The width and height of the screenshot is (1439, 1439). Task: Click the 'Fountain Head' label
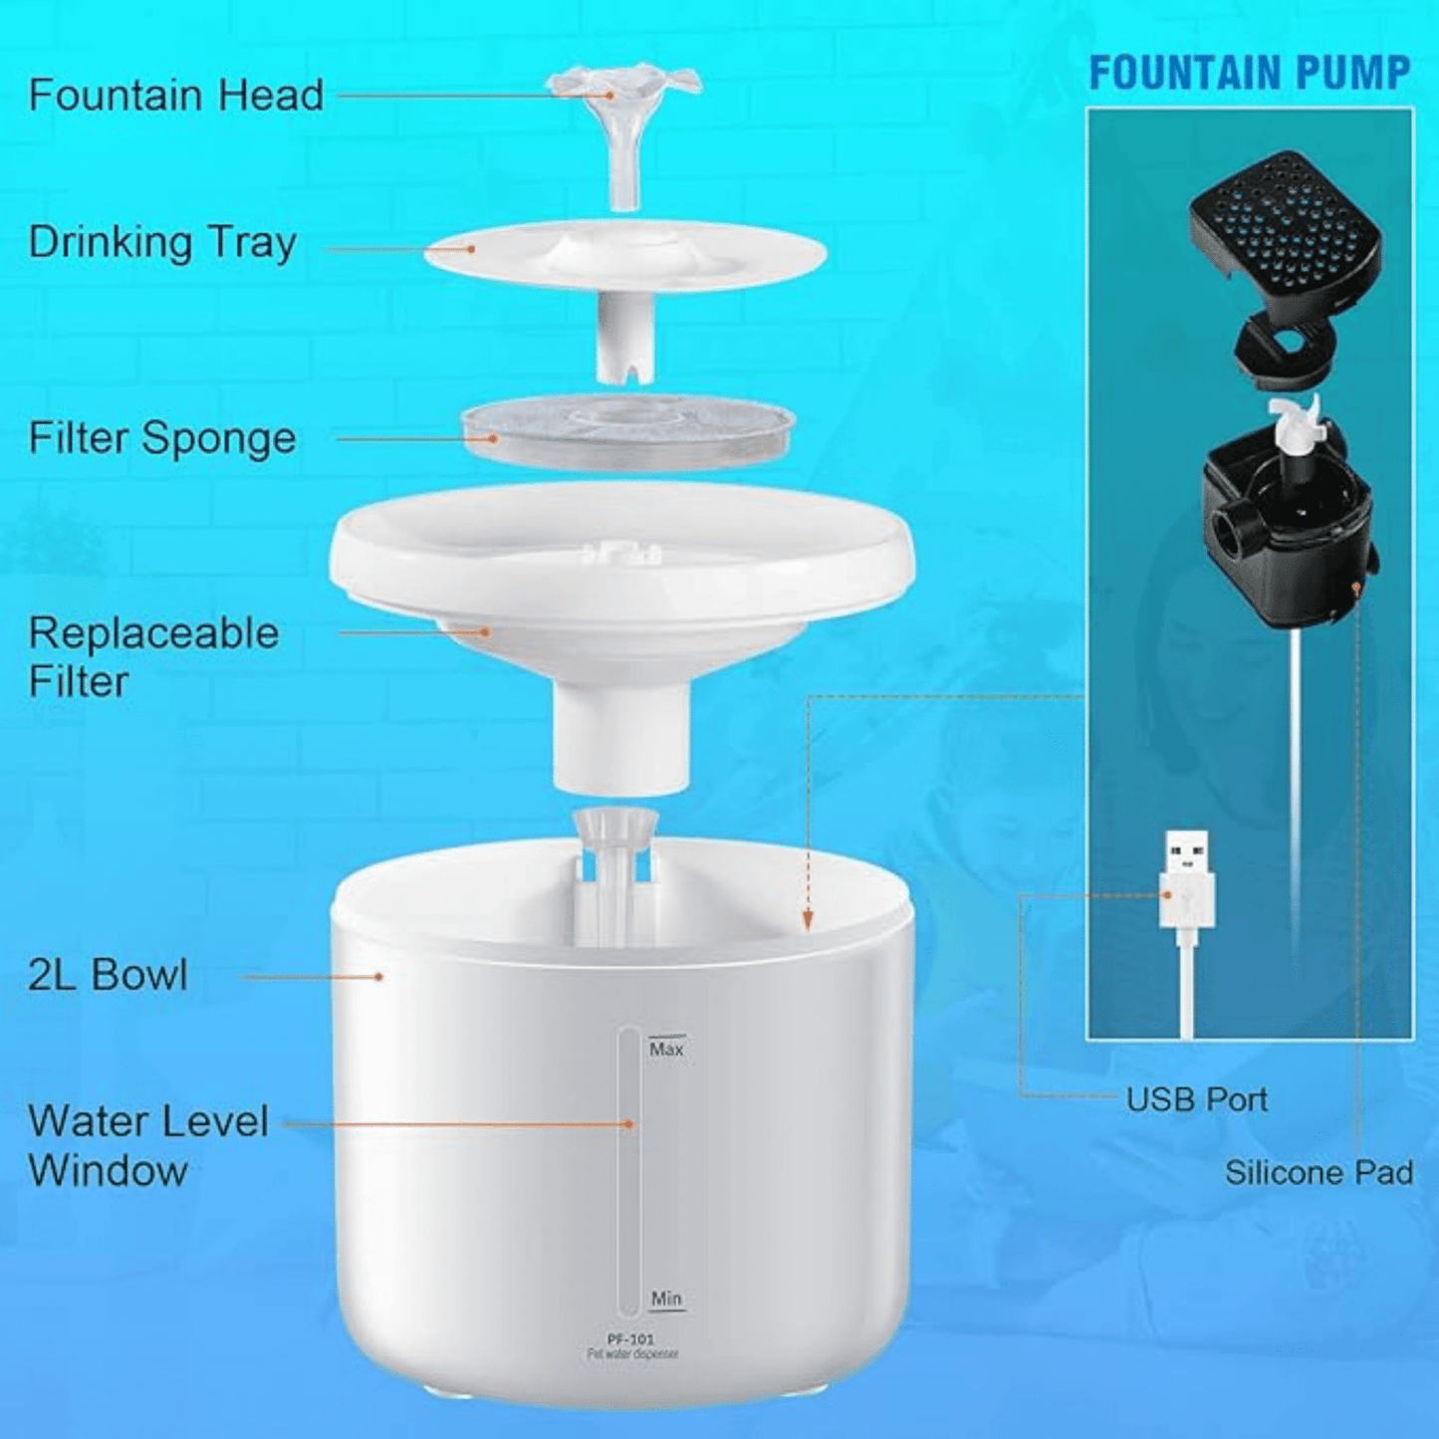pos(176,95)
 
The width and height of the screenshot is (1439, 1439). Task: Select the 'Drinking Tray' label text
pos(162,243)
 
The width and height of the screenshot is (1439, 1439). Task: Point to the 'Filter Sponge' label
pos(162,438)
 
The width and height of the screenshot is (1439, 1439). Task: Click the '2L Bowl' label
pos(108,975)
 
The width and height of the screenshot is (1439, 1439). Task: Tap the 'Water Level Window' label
pos(147,1155)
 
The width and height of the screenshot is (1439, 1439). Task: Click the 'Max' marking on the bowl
pos(666,1049)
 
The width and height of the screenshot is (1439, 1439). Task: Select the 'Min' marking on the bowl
pos(666,1299)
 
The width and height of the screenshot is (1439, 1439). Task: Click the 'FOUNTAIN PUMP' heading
pos(1250,73)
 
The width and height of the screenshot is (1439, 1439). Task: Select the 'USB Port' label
pos(1197,1099)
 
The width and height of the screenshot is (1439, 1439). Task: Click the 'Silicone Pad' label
pos(1319,1172)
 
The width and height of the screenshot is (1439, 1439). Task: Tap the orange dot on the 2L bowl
pos(379,976)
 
